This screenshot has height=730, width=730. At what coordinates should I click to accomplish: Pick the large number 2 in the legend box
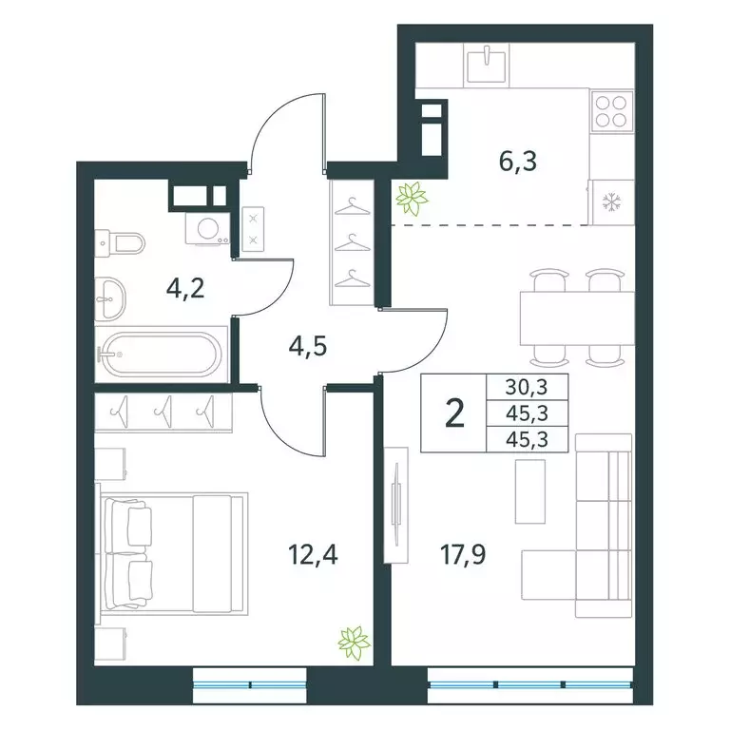(x=455, y=414)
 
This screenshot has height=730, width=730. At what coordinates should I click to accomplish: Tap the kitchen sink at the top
(x=489, y=63)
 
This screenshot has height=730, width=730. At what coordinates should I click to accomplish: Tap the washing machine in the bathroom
(x=207, y=229)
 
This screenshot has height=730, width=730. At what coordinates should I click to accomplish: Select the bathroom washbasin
(x=113, y=298)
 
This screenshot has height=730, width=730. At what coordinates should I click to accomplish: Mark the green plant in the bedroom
(x=355, y=642)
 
